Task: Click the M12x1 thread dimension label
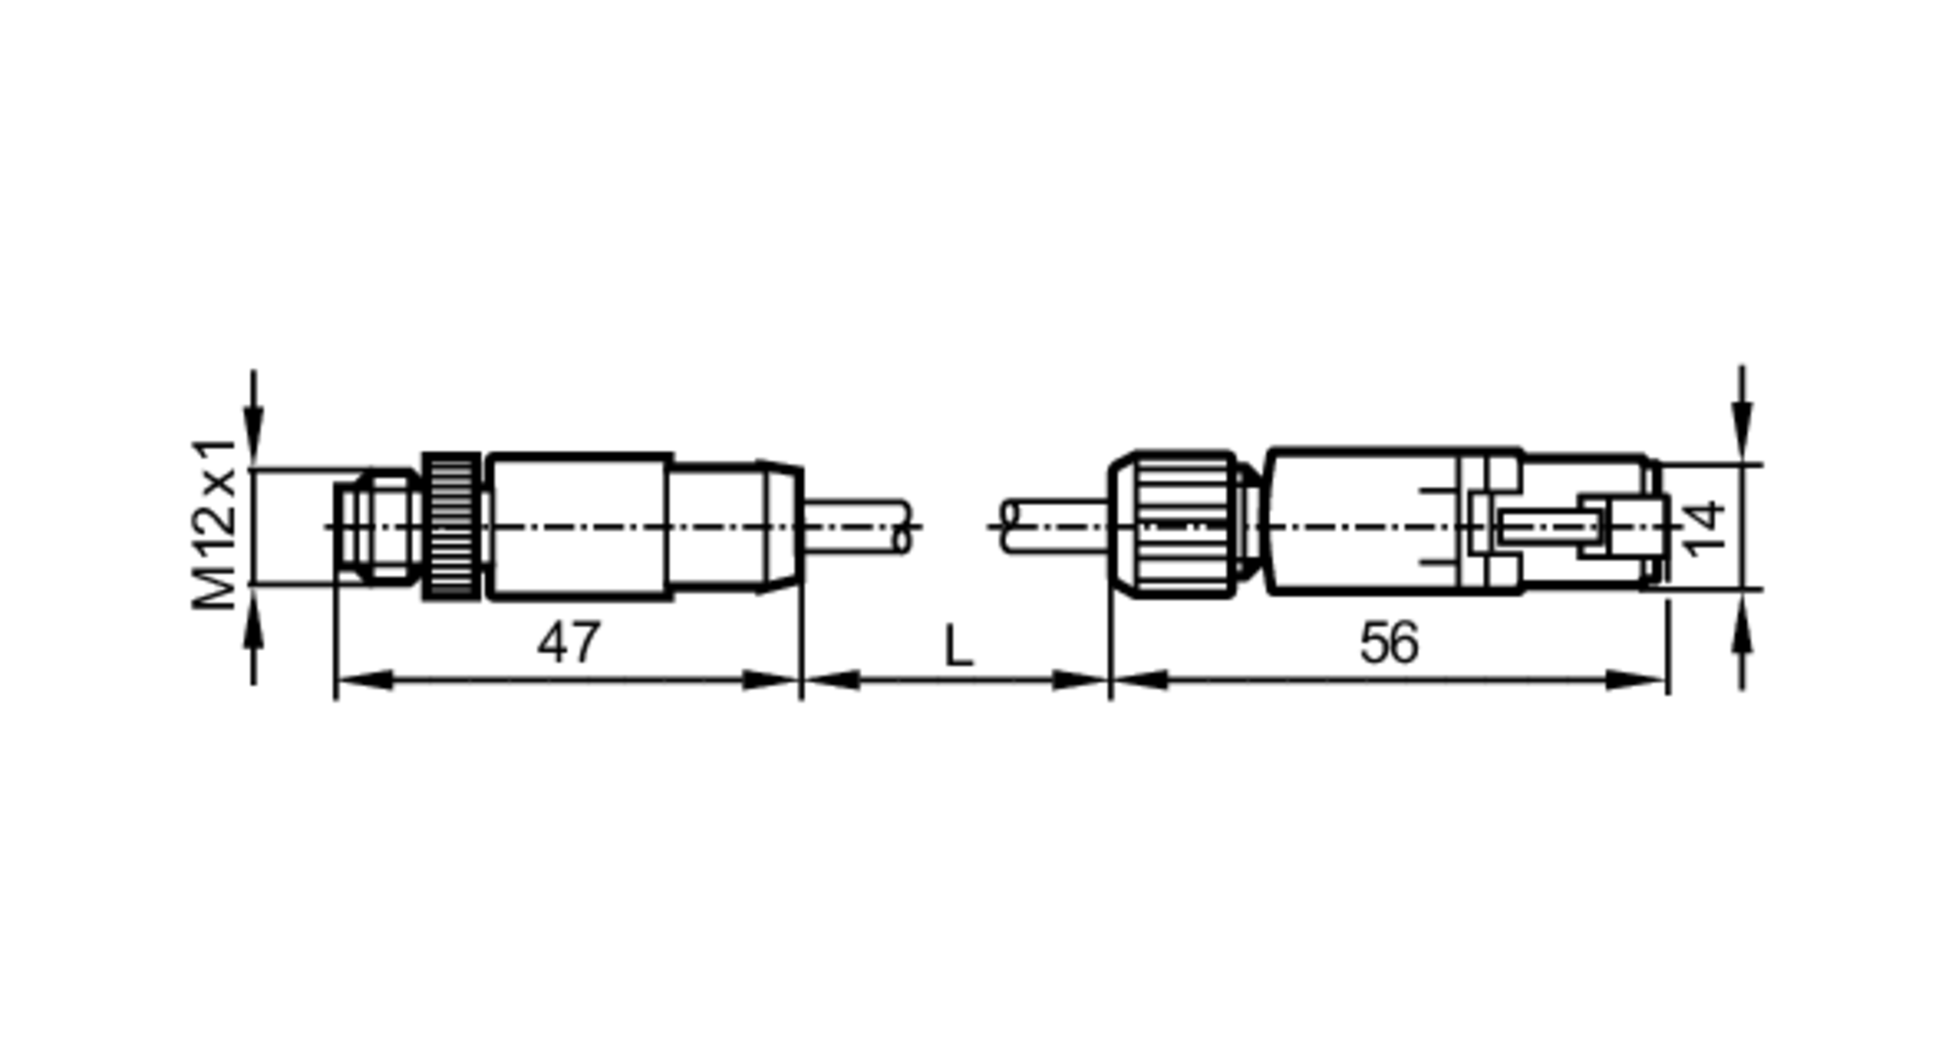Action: tap(215, 523)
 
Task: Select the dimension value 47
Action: tap(568, 642)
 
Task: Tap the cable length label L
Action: tap(958, 646)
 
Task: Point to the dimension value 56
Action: tap(1389, 643)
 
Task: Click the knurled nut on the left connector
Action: tap(451, 526)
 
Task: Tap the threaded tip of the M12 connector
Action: tap(377, 527)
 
